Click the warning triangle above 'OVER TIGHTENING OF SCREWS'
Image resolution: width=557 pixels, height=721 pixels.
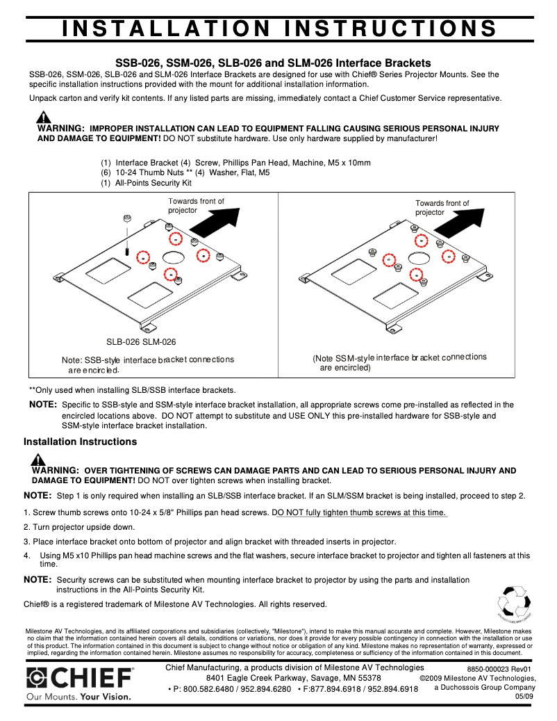click(x=38, y=460)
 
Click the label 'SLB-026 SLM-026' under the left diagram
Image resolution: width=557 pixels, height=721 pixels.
click(x=141, y=342)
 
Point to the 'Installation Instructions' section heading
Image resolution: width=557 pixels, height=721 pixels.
click(x=80, y=441)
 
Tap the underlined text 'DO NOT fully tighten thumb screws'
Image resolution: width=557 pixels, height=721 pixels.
click(x=360, y=512)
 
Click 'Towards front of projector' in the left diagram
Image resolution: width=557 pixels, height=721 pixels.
click(x=196, y=205)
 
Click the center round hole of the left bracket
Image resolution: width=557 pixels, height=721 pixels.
click(x=173, y=257)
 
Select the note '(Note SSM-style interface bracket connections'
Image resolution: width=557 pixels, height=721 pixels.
click(x=399, y=357)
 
